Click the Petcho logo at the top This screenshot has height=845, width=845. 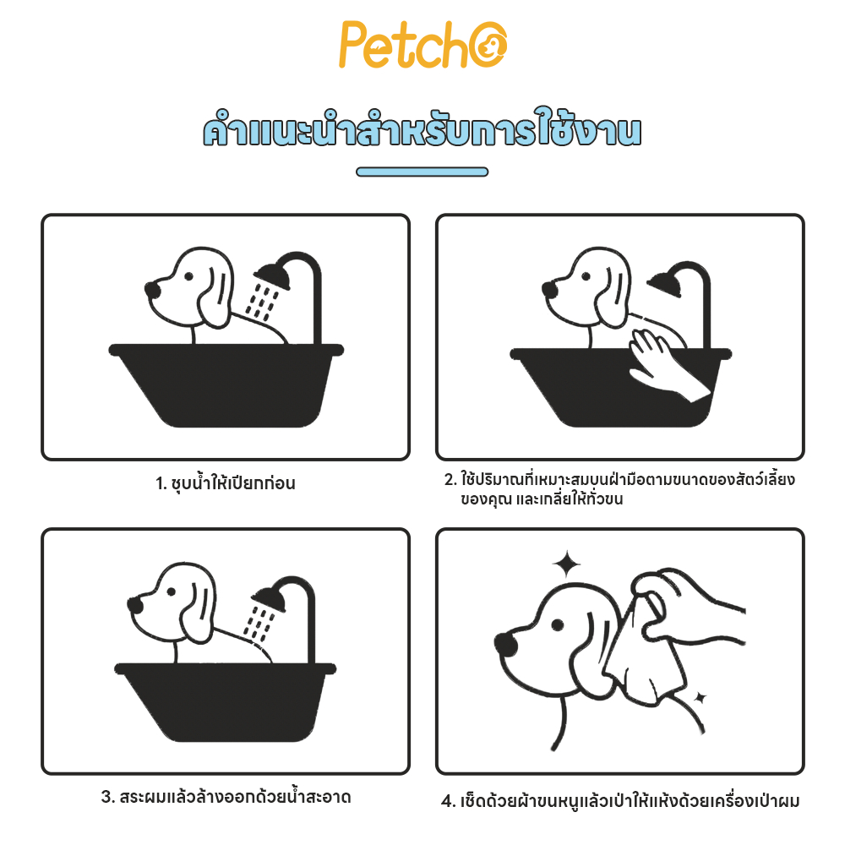(x=422, y=45)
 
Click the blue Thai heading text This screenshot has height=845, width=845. (x=422, y=128)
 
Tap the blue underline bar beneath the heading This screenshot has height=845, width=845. (x=422, y=172)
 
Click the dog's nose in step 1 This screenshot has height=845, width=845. (x=153, y=289)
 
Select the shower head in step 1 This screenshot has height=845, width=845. (x=273, y=275)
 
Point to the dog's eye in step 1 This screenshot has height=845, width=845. (x=188, y=276)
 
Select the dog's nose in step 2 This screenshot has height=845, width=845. (x=550, y=289)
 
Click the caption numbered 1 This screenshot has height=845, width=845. (x=226, y=482)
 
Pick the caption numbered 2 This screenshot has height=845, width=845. (x=619, y=488)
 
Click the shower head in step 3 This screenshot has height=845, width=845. (x=270, y=598)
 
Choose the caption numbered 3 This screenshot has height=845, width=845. (x=226, y=797)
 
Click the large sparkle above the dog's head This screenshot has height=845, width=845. (x=566, y=564)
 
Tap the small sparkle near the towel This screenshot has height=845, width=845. (x=700, y=698)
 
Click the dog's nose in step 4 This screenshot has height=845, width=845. (x=506, y=644)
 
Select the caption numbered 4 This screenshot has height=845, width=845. (x=619, y=801)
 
